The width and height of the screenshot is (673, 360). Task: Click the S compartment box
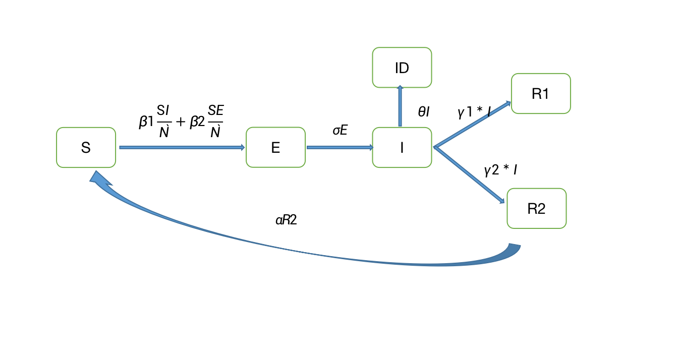pos(86,147)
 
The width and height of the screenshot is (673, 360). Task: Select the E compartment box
pos(275,147)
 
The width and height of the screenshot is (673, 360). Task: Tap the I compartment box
pos(402,147)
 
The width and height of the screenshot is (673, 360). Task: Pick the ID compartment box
pos(402,68)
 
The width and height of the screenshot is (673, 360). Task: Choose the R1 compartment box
pos(541,94)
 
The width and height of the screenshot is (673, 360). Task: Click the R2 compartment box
pos(536,208)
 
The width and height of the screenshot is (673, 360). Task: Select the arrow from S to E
pos(182,147)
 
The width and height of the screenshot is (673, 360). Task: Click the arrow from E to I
pos(340,147)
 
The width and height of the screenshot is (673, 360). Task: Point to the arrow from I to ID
pos(400,106)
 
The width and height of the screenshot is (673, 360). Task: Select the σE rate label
pos(340,130)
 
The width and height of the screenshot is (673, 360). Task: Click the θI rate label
pos(423,112)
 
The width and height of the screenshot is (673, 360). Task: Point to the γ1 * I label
pos(474,112)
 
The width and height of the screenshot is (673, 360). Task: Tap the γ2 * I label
pos(500,170)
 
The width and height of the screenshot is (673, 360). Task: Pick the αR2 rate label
pos(286,220)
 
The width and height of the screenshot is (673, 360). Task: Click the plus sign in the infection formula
pos(181,123)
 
